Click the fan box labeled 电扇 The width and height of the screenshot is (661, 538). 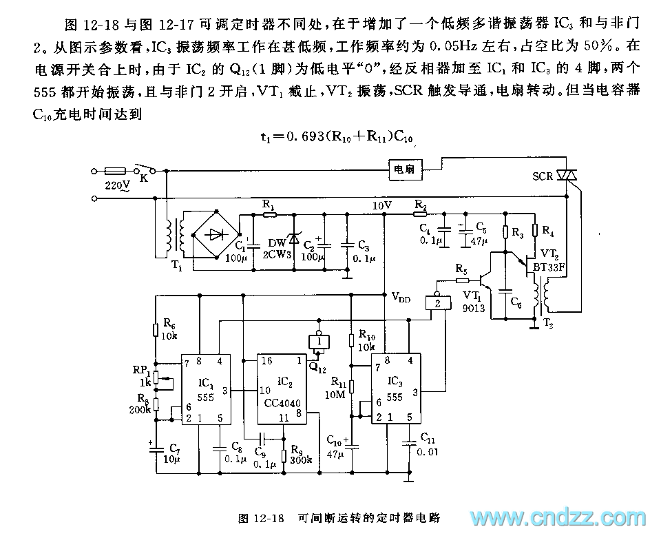(404, 169)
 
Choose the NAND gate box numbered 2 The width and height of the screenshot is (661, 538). (435, 301)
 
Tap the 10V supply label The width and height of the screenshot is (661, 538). (381, 205)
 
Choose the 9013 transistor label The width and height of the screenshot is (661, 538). (474, 309)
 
